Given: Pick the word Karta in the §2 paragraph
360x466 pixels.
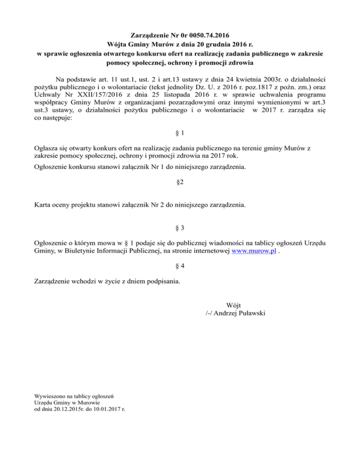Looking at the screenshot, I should point(44,205).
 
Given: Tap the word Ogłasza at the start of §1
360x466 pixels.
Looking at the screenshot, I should point(49,148).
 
